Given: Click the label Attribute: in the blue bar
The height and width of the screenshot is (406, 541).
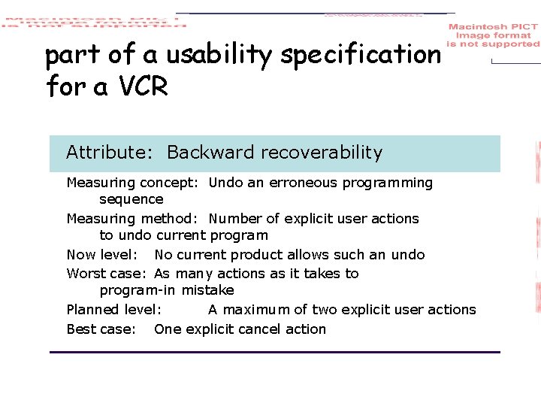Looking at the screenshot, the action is pos(110,153).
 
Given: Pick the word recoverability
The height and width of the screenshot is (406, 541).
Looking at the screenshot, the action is pos(324,153).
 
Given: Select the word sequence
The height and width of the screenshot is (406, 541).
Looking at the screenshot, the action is pos(131,199).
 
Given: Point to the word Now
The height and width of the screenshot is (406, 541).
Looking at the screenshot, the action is pos(82,255).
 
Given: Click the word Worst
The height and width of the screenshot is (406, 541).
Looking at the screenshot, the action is pos(84,274).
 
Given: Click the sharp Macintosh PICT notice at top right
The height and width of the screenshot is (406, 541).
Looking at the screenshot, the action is pos(493,35).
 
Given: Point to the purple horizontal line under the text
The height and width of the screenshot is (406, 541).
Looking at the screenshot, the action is pos(274,352).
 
